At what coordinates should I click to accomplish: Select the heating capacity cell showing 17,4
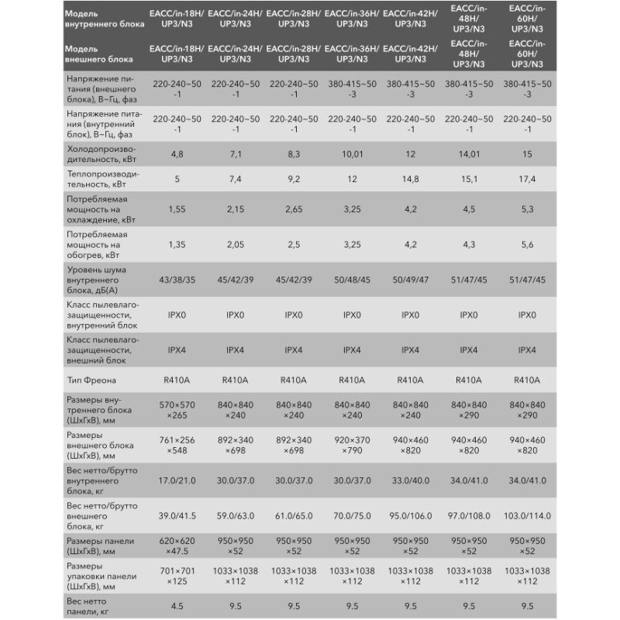[x=527, y=180]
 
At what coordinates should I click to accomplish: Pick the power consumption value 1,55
[x=177, y=209]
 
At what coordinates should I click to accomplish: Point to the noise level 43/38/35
[x=177, y=278]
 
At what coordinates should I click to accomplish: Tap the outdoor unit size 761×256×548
[x=177, y=444]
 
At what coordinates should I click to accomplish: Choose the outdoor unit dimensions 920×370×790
[x=352, y=444]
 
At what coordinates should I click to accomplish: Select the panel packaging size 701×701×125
[x=177, y=575]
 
